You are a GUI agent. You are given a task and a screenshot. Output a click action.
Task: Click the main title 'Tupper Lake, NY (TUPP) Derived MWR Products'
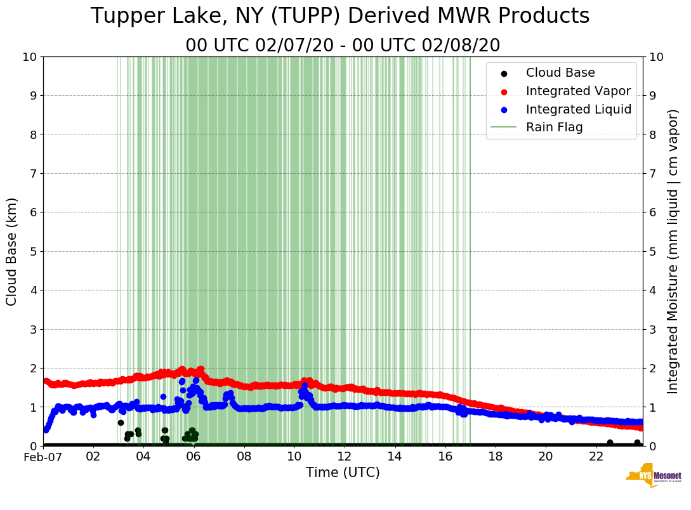340,16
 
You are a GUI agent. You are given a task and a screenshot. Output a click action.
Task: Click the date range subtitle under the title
343,46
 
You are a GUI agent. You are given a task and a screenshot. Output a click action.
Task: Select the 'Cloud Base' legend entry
560,73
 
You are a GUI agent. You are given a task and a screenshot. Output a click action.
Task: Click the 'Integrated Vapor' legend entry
578,91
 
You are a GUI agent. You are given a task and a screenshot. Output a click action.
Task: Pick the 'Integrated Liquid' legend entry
579,109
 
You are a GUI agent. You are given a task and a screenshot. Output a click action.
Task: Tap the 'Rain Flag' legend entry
554,127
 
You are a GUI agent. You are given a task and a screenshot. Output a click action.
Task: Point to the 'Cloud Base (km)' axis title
12,251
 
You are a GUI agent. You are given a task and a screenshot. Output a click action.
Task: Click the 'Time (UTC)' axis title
343,473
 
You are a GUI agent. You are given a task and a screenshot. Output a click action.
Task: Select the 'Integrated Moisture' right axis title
673,251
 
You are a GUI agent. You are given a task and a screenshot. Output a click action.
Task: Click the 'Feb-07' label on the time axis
43,457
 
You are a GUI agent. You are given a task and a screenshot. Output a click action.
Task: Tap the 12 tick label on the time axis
345,457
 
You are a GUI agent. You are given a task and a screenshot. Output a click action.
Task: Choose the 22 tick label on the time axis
596,457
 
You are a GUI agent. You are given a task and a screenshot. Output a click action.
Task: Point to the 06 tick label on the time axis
194,457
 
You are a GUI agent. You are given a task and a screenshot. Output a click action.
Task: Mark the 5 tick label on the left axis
33,251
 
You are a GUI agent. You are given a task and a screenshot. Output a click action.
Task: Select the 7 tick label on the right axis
652,173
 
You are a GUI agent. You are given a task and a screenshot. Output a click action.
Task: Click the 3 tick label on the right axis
652,329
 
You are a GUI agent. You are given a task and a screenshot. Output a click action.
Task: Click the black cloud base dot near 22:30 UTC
610,443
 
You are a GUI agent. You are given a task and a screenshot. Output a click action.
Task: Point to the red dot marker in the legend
504,91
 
